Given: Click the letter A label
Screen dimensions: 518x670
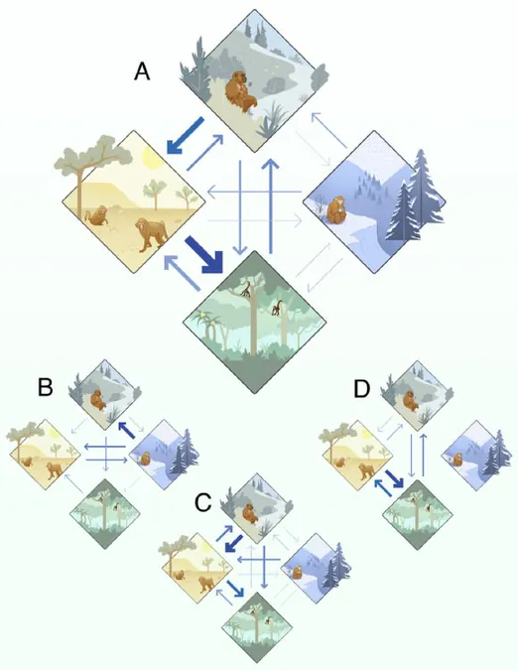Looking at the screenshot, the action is point(142,70).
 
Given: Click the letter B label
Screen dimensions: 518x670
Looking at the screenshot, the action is point(46,387).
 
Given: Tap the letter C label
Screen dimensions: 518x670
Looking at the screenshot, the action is point(202,502).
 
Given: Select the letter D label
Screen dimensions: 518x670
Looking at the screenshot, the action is point(361,389).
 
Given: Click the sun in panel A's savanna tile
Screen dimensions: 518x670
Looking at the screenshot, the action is point(153,158).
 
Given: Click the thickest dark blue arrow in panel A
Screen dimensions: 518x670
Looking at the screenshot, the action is point(205,255).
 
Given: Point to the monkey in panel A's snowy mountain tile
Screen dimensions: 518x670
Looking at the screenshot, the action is point(337,210).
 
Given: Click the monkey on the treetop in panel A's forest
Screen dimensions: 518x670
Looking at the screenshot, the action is point(245,289).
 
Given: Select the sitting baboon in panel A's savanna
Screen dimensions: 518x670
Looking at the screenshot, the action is point(98,215).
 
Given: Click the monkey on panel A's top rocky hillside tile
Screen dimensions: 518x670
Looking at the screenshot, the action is point(240,92).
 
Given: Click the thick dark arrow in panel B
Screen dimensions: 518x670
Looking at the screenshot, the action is point(127,430).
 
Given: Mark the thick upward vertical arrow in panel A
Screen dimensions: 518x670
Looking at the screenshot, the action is point(270,205).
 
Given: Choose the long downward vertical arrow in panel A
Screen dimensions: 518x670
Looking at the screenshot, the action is point(241,207).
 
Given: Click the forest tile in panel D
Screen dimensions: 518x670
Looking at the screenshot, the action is point(417,514).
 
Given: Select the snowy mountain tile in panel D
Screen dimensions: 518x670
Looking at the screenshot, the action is point(476,455).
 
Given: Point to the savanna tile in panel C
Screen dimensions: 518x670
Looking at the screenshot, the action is point(197,568).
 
